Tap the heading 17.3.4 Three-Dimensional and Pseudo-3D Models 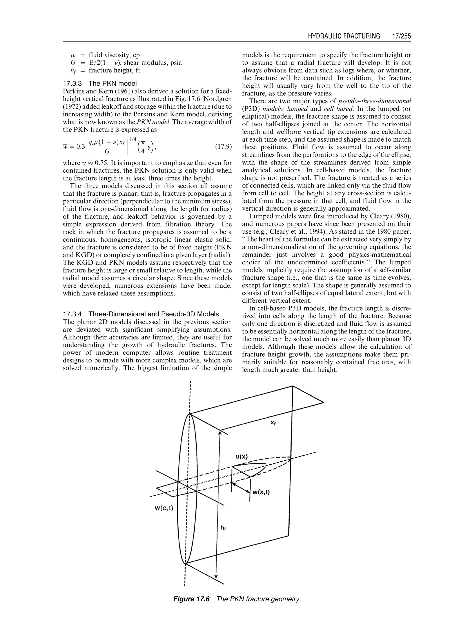click(141, 314)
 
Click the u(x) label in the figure click(242, 457)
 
